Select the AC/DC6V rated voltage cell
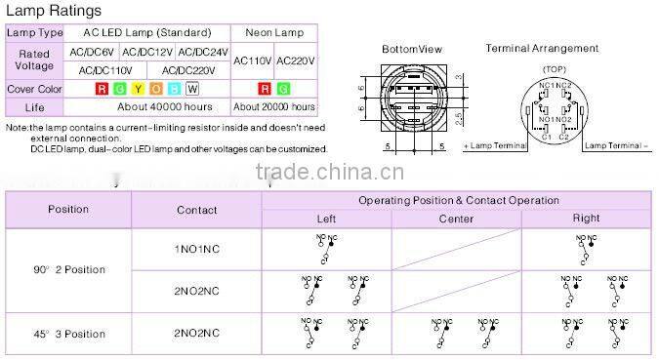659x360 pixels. [x=91, y=52]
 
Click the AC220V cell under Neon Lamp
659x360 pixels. [x=297, y=60]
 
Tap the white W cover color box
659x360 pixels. [x=192, y=89]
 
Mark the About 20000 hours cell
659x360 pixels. [x=274, y=106]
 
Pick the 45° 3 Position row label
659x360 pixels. [x=68, y=334]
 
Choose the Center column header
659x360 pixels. [x=456, y=219]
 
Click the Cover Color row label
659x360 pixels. [x=34, y=89]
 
